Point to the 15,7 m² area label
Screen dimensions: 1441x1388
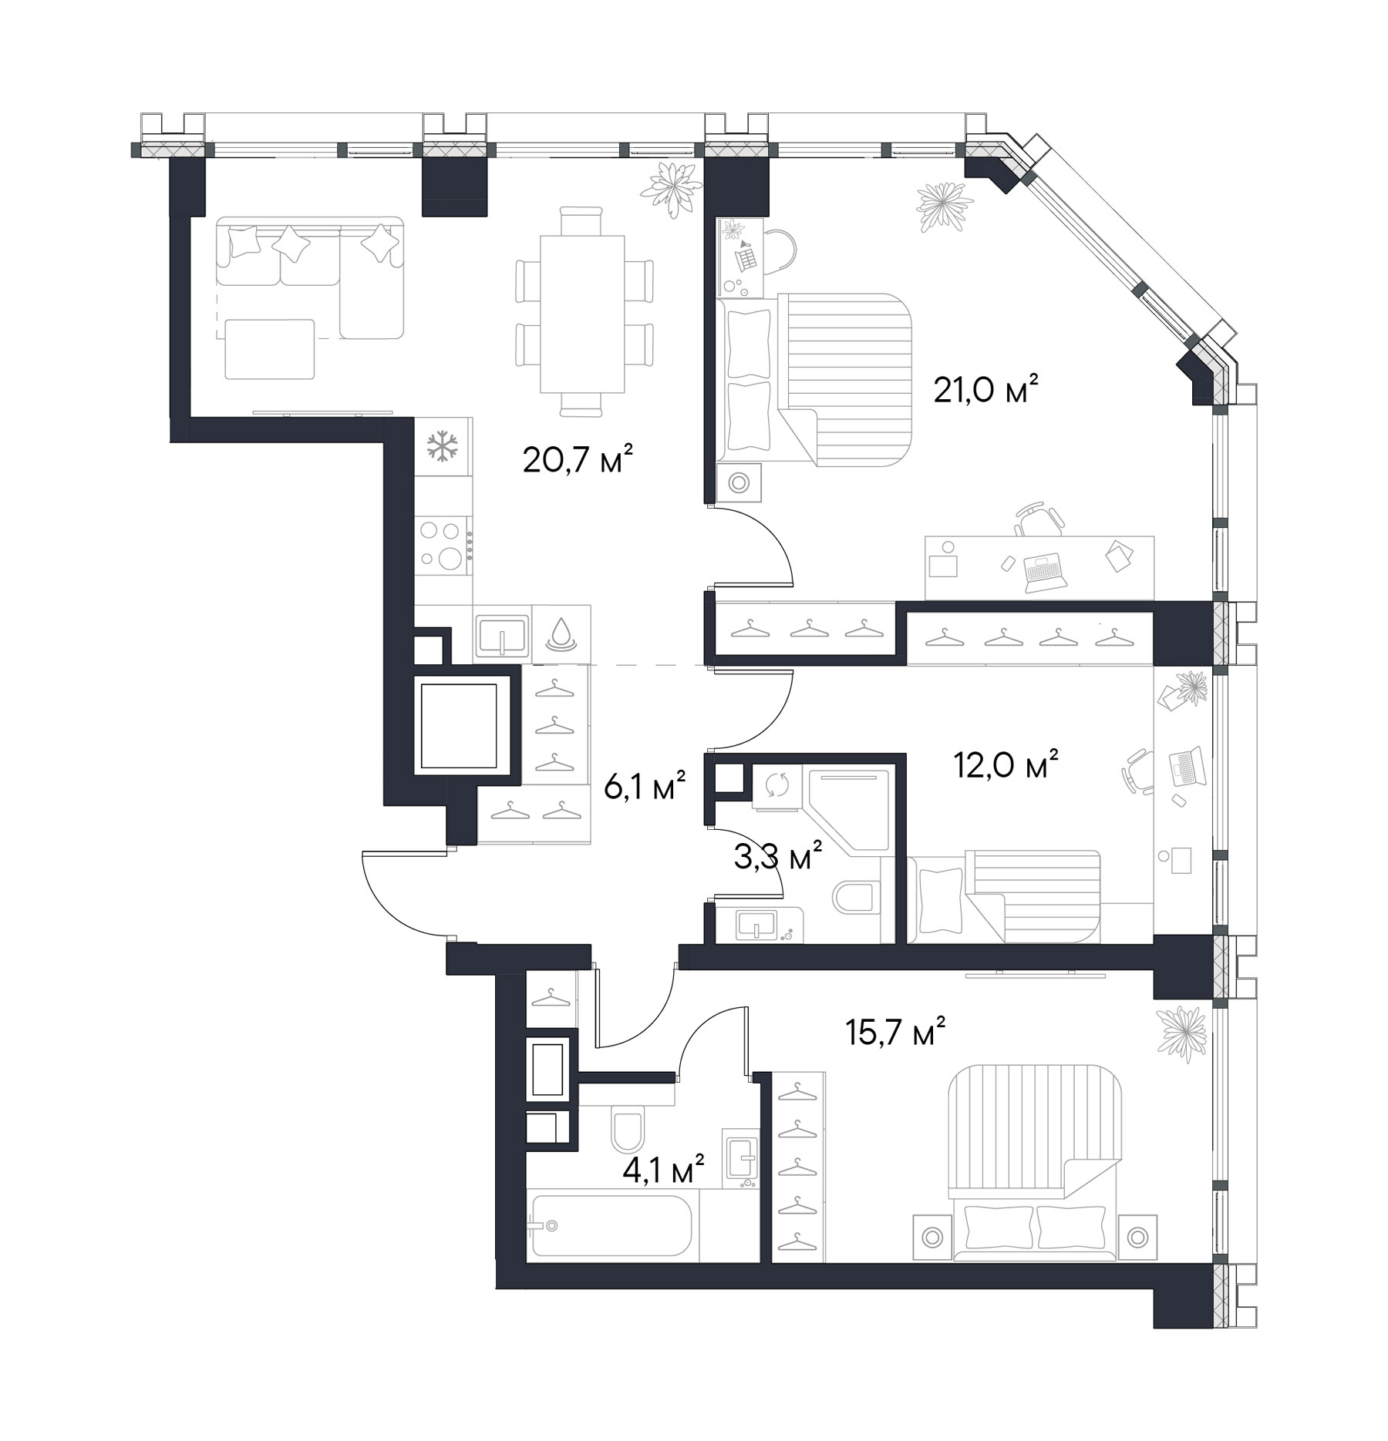coord(895,1033)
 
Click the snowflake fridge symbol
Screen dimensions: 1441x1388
coord(443,447)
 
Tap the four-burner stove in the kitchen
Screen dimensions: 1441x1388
coord(443,545)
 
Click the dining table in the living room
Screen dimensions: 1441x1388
coord(582,314)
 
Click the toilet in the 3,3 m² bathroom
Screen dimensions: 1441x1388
coord(856,897)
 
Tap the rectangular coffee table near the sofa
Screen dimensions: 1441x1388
coord(270,349)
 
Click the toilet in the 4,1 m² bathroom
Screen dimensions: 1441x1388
coord(627,1128)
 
